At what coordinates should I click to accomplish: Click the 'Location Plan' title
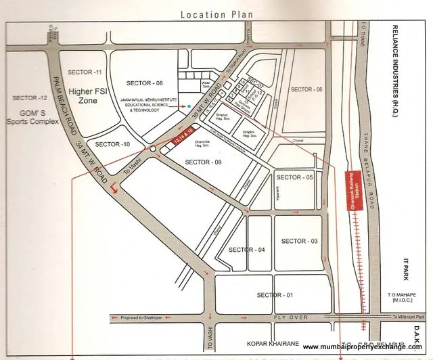[216, 14]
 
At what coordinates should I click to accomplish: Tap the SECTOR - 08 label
[145, 83]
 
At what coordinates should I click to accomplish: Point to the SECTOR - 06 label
[306, 89]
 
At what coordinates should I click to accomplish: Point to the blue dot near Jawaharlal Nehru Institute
[189, 106]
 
